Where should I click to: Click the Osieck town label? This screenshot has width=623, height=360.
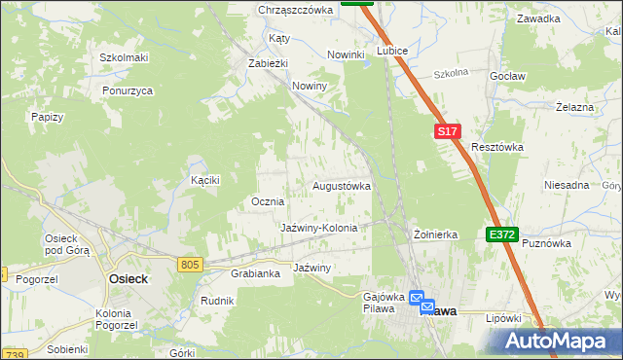coord(126,278)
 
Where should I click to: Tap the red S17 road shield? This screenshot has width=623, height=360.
coord(446,131)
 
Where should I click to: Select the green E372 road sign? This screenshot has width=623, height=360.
coord(502,234)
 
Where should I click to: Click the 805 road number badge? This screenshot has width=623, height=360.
coord(191,264)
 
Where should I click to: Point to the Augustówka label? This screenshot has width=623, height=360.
coord(342,185)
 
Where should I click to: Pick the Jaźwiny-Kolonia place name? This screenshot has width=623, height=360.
coord(319,228)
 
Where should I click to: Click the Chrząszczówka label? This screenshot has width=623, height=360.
coord(296,10)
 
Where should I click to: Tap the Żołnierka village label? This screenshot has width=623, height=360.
coord(435,234)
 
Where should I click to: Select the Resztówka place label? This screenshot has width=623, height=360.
coord(497,147)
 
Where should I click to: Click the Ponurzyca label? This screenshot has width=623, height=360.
coord(128,90)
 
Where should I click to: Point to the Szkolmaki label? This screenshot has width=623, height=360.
coord(124,57)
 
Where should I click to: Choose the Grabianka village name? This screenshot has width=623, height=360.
coord(255,273)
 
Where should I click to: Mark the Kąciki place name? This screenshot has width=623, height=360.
coord(205,180)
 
